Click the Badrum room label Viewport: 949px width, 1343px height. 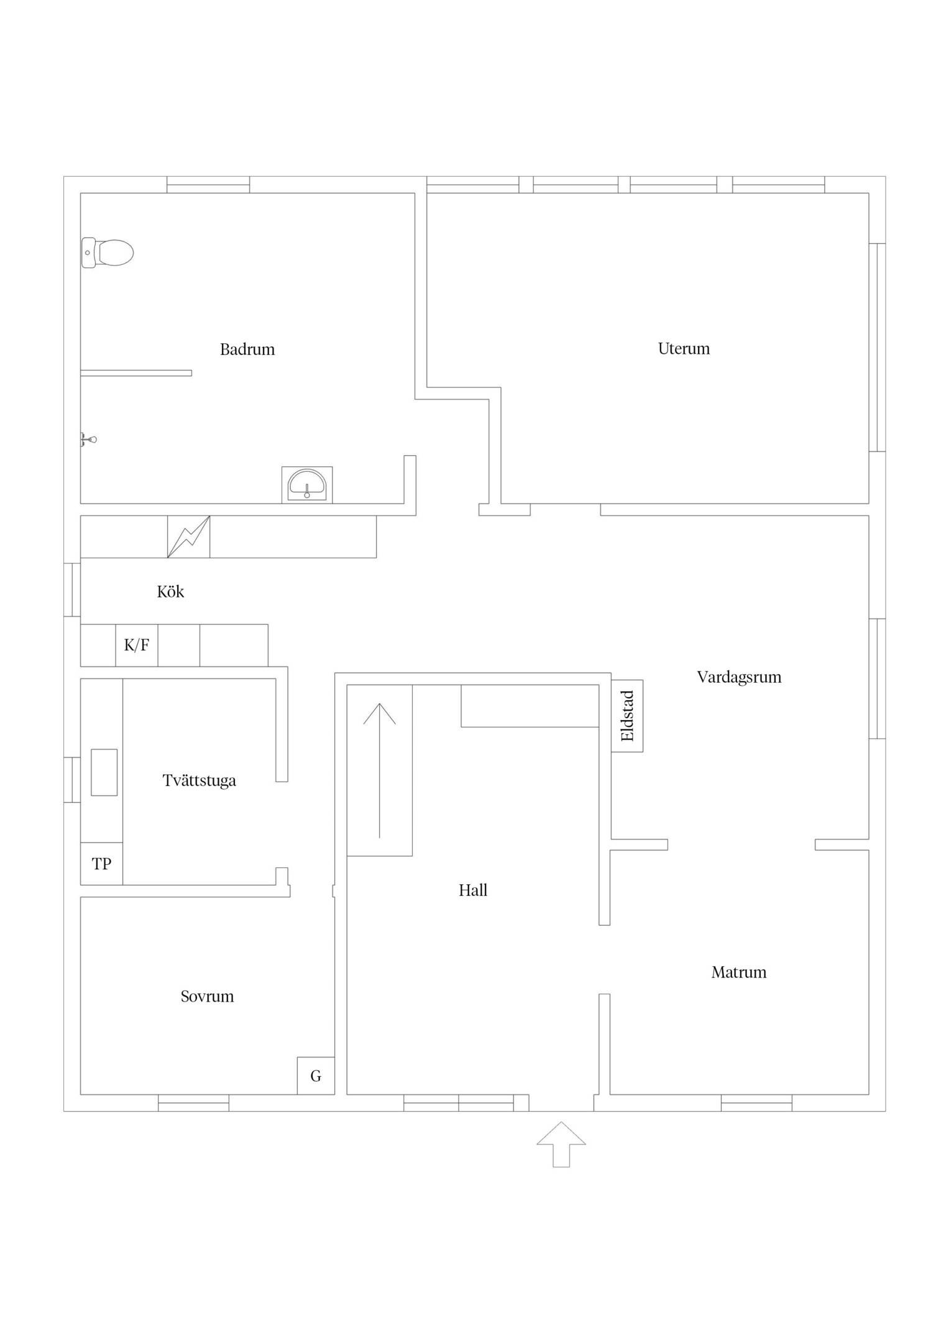247,349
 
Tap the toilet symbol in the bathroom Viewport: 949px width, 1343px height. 108,253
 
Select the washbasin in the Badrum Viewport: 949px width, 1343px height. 307,485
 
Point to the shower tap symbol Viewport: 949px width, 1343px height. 88,440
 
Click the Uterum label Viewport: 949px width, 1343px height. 684,349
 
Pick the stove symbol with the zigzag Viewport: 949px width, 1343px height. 189,537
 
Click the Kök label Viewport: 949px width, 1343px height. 170,591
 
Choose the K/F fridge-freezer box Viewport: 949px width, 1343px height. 137,645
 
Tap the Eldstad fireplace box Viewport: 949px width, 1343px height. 627,716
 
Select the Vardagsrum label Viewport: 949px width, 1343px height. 739,677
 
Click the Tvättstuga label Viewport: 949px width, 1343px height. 199,780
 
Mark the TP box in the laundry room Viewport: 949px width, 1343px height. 101,864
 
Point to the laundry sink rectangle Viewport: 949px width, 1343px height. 104,772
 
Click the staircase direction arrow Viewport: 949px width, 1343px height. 380,770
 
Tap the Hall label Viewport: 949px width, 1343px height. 473,890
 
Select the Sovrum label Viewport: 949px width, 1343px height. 208,997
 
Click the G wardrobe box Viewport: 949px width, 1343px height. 316,1076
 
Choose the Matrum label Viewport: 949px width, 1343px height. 739,972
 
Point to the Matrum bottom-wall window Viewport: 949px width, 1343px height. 756,1102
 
